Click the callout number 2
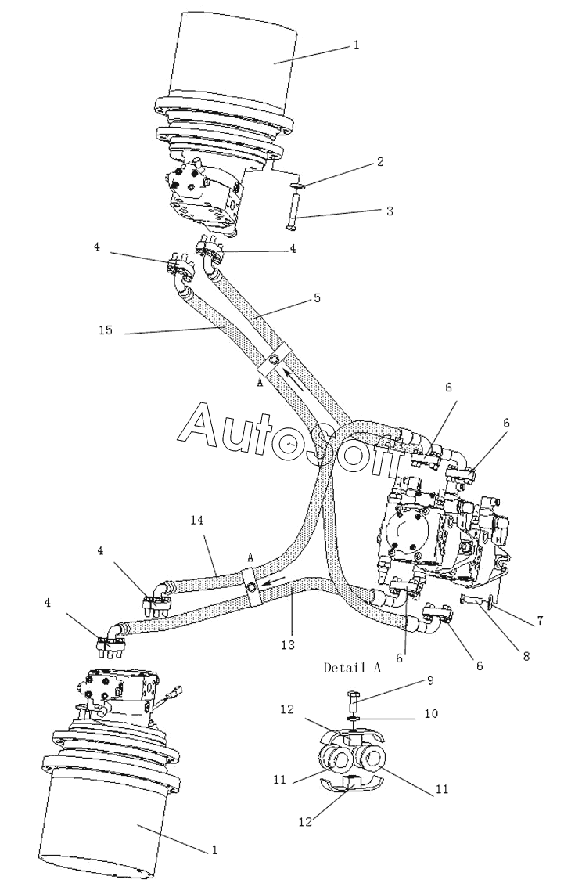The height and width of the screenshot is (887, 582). [x=380, y=162]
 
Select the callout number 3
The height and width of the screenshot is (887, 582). [x=390, y=211]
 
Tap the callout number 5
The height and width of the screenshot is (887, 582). [x=318, y=297]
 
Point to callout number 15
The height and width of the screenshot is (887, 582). [x=106, y=330]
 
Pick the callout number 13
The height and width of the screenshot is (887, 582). [x=288, y=644]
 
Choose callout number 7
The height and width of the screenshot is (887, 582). [x=541, y=621]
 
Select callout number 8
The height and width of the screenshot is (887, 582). [x=526, y=656]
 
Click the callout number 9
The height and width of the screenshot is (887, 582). [x=430, y=680]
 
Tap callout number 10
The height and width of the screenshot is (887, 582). [x=431, y=714]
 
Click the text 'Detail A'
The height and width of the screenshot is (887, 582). [x=352, y=668]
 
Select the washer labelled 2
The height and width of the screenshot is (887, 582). [x=299, y=185]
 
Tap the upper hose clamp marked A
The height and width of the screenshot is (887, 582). [x=275, y=359]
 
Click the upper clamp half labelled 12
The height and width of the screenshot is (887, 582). [x=350, y=734]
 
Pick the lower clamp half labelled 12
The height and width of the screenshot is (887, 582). [x=351, y=784]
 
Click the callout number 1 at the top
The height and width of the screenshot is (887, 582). [x=357, y=45]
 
